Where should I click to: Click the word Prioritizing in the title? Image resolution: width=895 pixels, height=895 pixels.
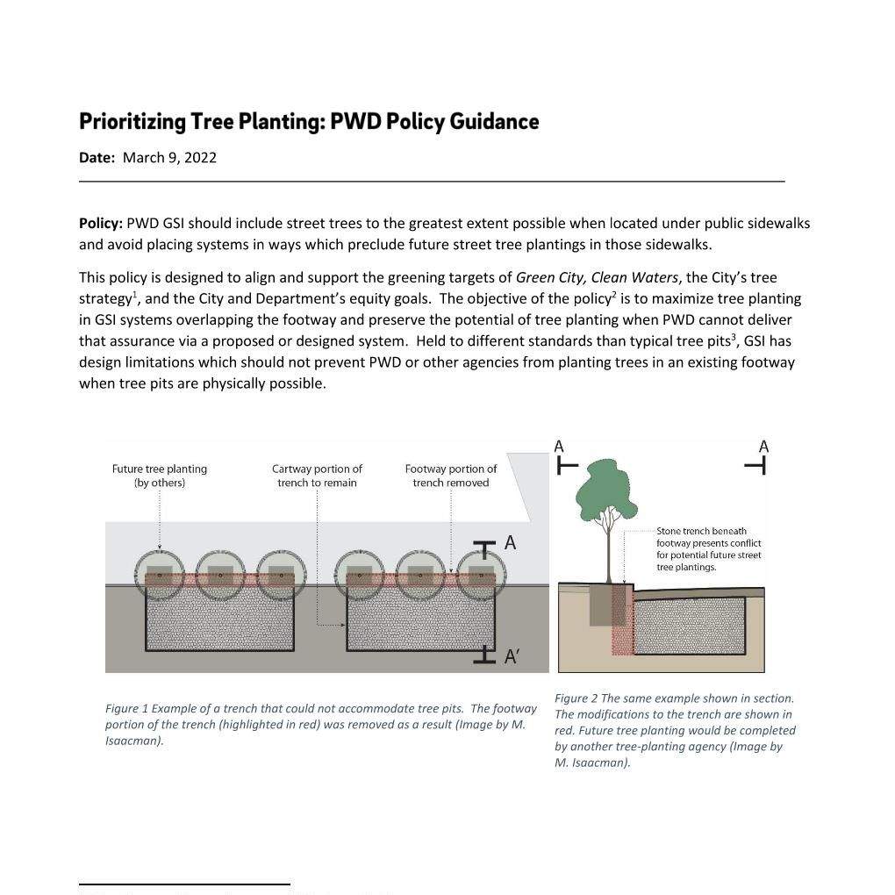pos(132,122)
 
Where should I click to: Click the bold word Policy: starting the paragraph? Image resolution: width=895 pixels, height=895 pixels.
pos(100,223)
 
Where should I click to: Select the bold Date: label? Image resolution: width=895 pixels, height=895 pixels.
pos(97,158)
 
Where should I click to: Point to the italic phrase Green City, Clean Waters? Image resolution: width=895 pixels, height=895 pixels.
pos(597,278)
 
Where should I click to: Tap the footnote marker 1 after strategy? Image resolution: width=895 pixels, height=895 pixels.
pos(135,295)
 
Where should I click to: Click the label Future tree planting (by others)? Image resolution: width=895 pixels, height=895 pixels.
pos(159,476)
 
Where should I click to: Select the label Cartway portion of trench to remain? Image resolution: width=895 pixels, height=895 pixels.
pos(317,476)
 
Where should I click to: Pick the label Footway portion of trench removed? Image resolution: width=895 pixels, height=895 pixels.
pos(451,476)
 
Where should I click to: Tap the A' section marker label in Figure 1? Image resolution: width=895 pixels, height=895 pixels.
pos(511,657)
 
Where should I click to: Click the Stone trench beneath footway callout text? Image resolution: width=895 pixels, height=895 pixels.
pos(708,549)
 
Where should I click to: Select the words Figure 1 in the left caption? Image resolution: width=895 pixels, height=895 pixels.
pos(126,709)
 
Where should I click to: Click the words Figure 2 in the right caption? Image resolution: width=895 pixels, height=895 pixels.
pos(576,698)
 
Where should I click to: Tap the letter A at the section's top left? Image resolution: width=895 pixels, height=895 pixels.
pos(559,447)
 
